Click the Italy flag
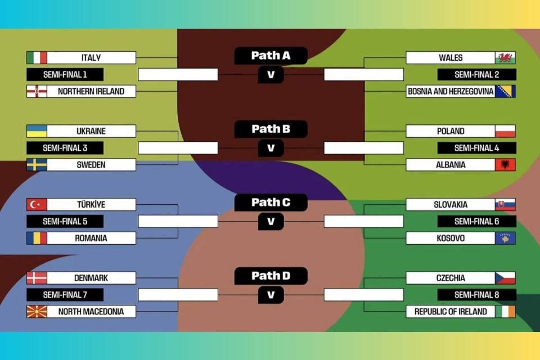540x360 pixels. (37, 57)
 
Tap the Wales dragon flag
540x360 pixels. (505, 57)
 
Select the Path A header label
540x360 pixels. (271, 55)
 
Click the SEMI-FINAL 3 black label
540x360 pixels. (65, 148)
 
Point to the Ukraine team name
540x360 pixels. (91, 131)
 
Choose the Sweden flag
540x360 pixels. (37, 165)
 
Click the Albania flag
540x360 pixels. (505, 165)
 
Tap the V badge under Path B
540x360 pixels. (271, 148)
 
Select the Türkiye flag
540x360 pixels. (37, 204)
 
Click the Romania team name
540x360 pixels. (91, 238)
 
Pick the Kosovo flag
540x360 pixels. (505, 238)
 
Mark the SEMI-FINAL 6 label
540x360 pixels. (476, 221)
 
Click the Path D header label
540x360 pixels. (271, 276)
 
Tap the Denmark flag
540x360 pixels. (37, 278)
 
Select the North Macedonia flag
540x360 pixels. (37, 311)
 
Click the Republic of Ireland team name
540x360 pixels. (451, 311)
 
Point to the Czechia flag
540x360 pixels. (505, 278)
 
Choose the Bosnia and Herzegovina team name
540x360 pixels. (451, 91)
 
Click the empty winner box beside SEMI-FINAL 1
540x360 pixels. (178, 74)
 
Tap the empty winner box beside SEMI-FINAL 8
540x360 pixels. (363, 295)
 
